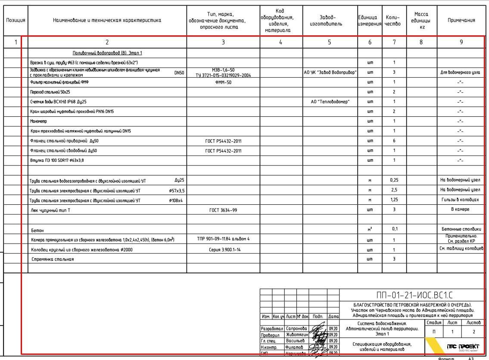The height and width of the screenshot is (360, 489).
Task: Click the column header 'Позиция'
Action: click(16, 20)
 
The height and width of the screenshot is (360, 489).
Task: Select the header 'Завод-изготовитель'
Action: click(330, 20)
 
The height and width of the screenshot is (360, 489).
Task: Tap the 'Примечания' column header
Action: click(461, 20)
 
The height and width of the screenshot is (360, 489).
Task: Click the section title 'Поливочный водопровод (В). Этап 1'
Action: click(107, 53)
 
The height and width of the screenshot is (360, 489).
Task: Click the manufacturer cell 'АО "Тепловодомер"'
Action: click(330, 102)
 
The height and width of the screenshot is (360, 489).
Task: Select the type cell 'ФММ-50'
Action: click(223, 82)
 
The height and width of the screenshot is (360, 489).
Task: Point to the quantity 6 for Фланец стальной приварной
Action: click(394, 141)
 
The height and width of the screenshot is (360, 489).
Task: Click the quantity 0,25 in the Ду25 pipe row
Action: click(394, 180)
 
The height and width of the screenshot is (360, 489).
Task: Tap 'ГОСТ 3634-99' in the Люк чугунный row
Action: click(223, 210)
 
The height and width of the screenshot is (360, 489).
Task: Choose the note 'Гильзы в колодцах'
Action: click(461, 200)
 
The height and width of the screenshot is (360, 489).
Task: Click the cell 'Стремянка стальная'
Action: click(53, 259)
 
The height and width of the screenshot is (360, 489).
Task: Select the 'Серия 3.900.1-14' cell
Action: click(223, 250)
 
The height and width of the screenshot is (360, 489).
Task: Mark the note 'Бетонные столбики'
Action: click(461, 229)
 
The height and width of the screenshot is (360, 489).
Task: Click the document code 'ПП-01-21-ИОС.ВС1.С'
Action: click(414, 295)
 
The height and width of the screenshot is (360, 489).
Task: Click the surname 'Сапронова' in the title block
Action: click(296, 329)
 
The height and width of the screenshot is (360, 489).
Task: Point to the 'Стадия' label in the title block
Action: click(433, 322)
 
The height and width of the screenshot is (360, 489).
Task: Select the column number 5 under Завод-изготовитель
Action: click(330, 42)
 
